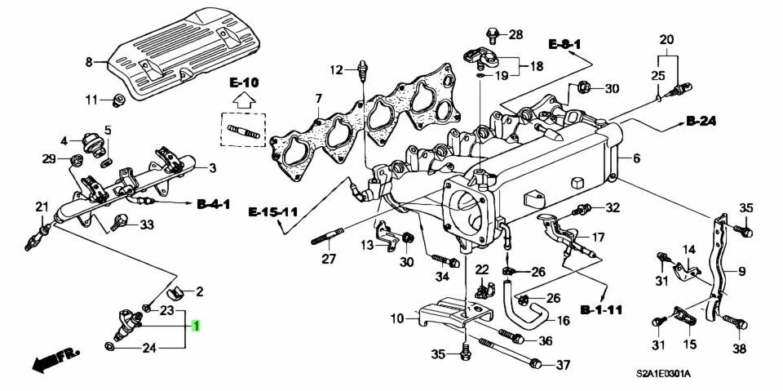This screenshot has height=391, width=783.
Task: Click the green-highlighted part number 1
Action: click(196, 327)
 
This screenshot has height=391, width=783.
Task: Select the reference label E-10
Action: click(243, 82)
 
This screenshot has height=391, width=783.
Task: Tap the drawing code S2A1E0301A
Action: click(663, 374)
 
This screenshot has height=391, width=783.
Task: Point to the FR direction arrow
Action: click(54, 360)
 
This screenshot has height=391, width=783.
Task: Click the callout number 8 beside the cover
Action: click(90, 61)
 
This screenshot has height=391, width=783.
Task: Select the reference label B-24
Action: click(700, 122)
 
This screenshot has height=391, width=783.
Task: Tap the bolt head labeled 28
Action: click(492, 33)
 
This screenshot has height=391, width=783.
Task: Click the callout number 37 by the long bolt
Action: click(563, 364)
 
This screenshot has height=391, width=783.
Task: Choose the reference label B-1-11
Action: click(602, 310)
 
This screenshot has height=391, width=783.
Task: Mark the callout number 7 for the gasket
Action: click(318, 100)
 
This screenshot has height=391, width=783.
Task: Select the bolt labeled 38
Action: click(738, 323)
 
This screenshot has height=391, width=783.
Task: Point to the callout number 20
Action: click(666, 39)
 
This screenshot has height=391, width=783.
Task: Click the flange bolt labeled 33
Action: click(122, 220)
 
